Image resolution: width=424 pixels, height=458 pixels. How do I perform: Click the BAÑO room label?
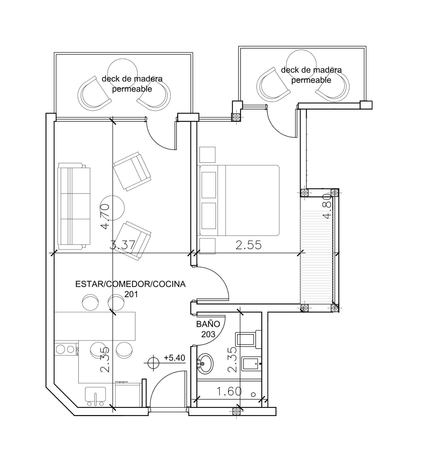pos(208,324)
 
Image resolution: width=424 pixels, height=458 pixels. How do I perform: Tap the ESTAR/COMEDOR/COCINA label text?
pos(130,284)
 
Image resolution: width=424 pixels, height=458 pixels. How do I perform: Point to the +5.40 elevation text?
pos(175,358)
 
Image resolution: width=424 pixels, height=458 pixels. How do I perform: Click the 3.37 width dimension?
pos(122,245)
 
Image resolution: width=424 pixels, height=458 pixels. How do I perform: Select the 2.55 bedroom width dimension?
pos(248,245)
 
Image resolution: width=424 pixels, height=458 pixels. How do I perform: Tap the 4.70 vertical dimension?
pos(105,216)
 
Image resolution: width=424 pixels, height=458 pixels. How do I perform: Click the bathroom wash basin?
pos(205,364)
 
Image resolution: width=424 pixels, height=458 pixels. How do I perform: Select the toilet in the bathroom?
pos(248,339)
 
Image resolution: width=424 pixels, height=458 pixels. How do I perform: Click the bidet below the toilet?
pos(251,364)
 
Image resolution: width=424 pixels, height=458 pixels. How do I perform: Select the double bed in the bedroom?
pos(239,200)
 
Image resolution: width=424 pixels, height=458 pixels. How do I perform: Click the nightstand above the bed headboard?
pos(207,155)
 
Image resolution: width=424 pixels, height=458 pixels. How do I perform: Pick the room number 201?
pos(131,294)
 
